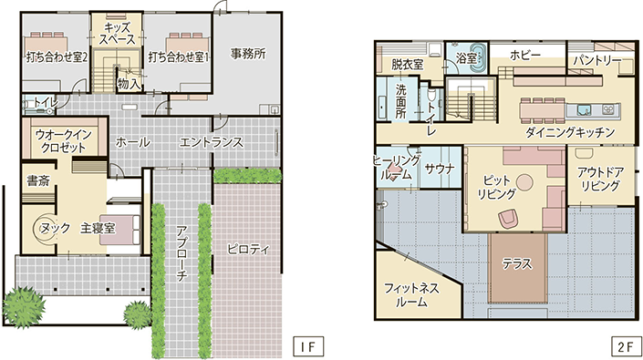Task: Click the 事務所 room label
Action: coord(248,53)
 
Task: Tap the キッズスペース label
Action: coord(118,34)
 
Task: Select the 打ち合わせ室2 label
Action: coord(57,57)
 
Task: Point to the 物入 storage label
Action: coord(129,84)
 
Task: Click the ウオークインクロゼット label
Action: coord(63,140)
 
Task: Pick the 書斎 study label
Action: coord(38,180)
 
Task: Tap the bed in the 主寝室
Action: coord(120,230)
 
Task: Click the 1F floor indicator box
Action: coord(308,346)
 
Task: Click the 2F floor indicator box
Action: coord(626,346)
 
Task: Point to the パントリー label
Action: coord(596,61)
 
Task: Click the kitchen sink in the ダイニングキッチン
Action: coord(582,109)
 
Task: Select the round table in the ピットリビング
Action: coord(524,182)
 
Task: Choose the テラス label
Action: coord(517,263)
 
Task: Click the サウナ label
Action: coord(440,169)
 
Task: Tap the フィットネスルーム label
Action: coord(411,295)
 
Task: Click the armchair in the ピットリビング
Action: coord(509,218)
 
